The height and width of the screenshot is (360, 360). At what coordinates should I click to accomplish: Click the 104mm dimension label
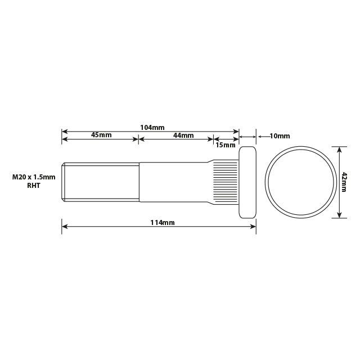pos(152,128)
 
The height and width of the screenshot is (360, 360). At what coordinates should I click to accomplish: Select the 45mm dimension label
pos(101,136)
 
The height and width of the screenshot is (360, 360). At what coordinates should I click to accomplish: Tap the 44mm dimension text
pos(183,136)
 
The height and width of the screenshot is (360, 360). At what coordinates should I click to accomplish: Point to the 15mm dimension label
pos(226,145)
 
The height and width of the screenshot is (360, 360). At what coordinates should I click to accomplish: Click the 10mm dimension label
pos(280,136)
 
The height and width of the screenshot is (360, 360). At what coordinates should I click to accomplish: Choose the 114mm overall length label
pos(163,223)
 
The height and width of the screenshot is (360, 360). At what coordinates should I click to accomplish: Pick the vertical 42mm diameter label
pos(344,183)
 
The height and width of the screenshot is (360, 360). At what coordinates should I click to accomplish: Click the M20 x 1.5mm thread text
pos(34,177)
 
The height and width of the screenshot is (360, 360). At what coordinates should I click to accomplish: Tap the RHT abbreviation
pos(34,186)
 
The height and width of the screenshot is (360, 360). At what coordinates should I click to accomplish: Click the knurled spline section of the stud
pos(225,182)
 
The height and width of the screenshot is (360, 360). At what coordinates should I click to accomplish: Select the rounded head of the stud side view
pos(248,182)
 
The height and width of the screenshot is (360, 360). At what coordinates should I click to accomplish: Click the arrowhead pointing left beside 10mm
pos(260,136)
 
